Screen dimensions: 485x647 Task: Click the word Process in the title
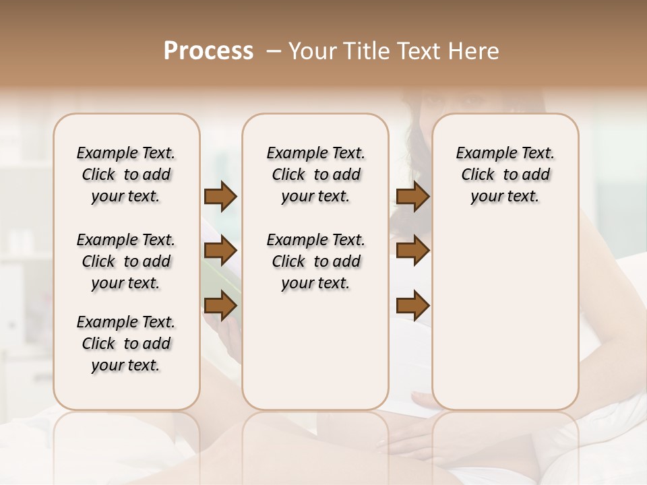[x=208, y=51]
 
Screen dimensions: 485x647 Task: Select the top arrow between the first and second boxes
[x=220, y=197]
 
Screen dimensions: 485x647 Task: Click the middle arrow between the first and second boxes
[x=220, y=251]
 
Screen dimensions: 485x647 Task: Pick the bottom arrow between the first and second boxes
[x=220, y=306]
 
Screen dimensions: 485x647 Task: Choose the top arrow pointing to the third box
[x=412, y=197]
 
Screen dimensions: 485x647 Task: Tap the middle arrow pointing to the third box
[x=412, y=251]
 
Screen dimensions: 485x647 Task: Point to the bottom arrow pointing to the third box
[x=412, y=306]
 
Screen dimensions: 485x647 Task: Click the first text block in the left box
[x=126, y=174]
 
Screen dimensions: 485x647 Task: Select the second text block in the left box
[x=126, y=261]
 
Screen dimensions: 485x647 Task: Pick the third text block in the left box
[x=126, y=344]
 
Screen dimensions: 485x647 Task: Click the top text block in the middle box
[x=315, y=174]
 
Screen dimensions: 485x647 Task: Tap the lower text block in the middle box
[x=315, y=261]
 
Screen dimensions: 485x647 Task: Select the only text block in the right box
[x=505, y=174]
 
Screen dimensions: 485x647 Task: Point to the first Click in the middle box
[x=288, y=175]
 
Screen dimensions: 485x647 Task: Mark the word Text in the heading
[x=414, y=51]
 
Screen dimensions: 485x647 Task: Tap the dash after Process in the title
[x=274, y=51]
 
